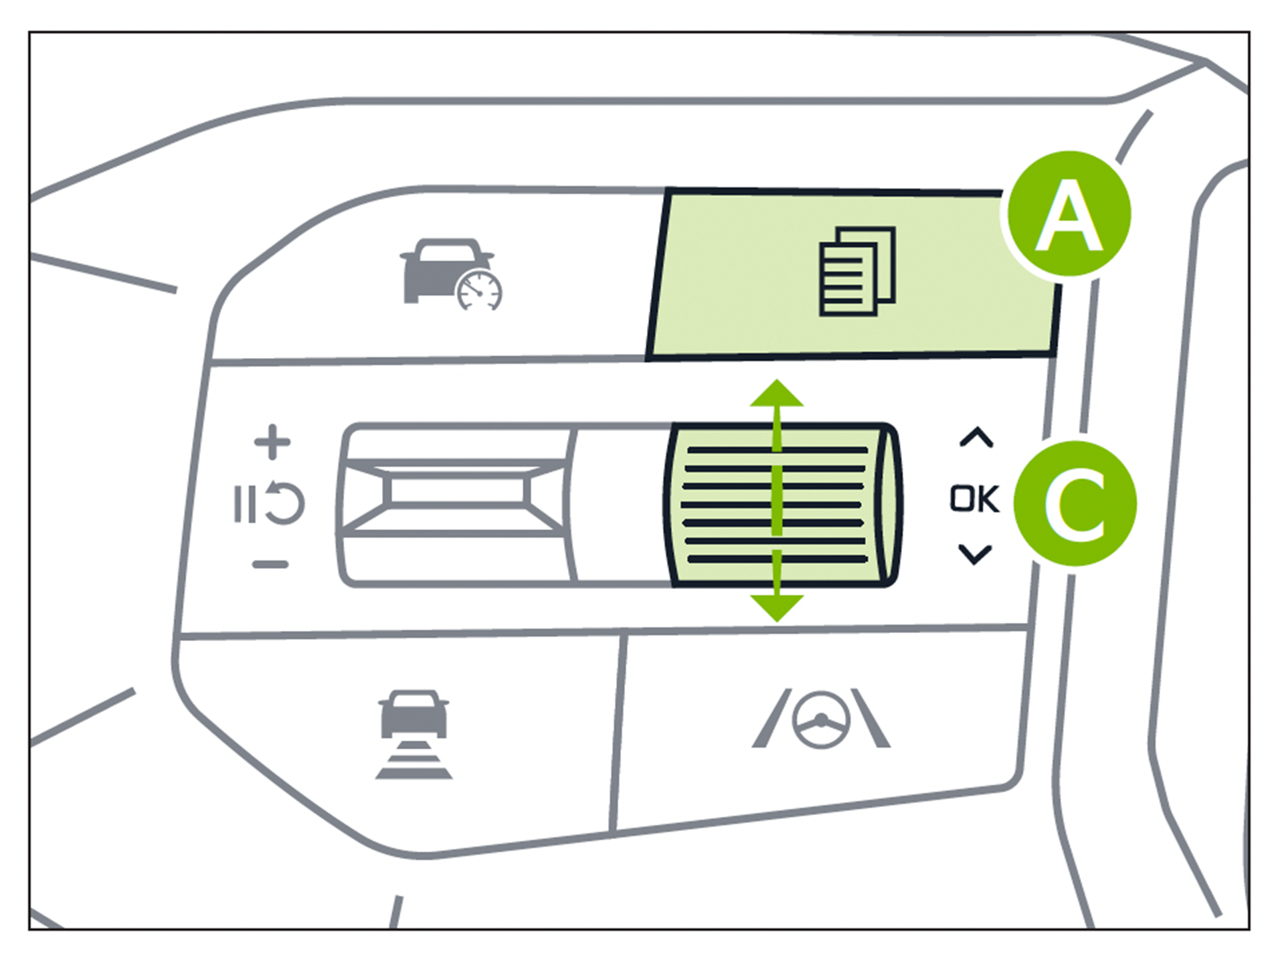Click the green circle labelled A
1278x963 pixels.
(1068, 214)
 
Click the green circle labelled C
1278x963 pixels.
(1075, 503)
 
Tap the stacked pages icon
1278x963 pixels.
(857, 271)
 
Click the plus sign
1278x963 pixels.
(272, 442)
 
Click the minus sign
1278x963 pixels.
(270, 565)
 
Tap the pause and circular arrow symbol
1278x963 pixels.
(269, 503)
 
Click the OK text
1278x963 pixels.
(974, 499)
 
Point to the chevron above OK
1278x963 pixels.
(976, 438)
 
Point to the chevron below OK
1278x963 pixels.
(975, 554)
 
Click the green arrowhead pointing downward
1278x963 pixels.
(776, 606)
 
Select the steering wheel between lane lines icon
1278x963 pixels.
(821, 719)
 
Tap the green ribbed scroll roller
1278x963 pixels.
(776, 505)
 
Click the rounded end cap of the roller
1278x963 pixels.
(889, 505)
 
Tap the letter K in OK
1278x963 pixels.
(988, 499)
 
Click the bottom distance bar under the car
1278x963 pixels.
(414, 774)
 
